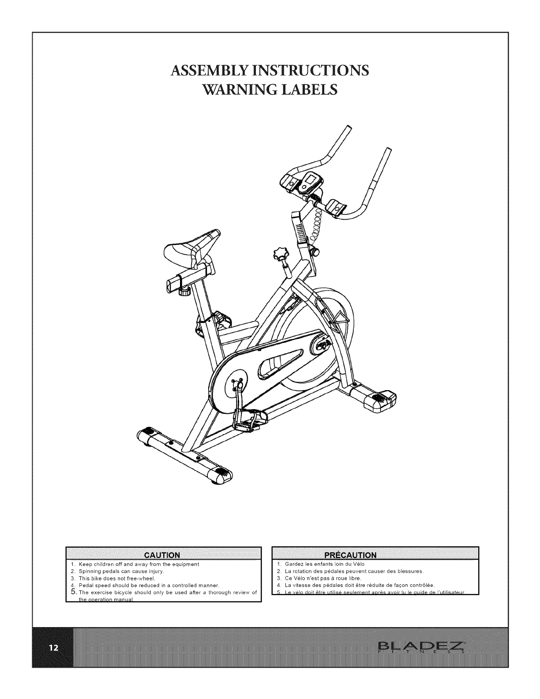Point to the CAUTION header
(163, 555)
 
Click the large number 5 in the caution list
(74, 591)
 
